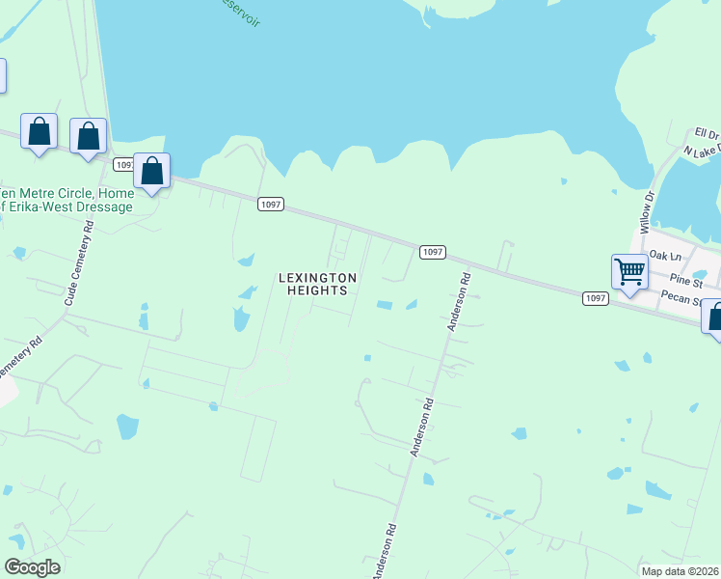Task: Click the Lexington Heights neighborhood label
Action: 318,284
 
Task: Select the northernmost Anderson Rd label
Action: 458,303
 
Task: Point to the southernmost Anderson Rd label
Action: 385,552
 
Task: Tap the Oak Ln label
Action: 665,255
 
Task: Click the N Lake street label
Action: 701,152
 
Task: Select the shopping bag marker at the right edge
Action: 715,317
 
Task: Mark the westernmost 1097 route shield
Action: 123,165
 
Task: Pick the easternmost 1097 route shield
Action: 596,299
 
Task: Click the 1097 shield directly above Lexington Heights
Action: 271,204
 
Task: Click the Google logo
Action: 33,567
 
